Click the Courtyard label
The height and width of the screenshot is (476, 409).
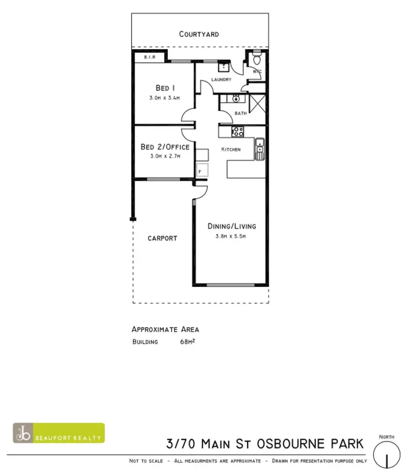(199, 34)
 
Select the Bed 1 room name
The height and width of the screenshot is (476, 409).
(165, 88)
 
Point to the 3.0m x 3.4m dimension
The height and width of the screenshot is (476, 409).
(164, 98)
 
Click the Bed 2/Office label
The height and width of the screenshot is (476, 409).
(165, 147)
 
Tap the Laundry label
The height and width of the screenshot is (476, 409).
(221, 80)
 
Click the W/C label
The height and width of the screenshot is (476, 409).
(257, 71)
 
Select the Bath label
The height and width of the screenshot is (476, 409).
(240, 113)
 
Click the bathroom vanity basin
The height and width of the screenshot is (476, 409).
(237, 99)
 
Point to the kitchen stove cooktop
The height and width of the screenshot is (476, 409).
(238, 131)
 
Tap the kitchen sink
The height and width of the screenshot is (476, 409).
(260, 146)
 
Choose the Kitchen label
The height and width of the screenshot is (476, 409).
(231, 149)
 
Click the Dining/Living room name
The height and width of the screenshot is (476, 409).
(232, 226)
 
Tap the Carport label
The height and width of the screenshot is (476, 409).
(163, 238)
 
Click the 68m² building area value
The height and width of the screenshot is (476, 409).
(188, 342)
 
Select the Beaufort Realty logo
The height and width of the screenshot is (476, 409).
(59, 433)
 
